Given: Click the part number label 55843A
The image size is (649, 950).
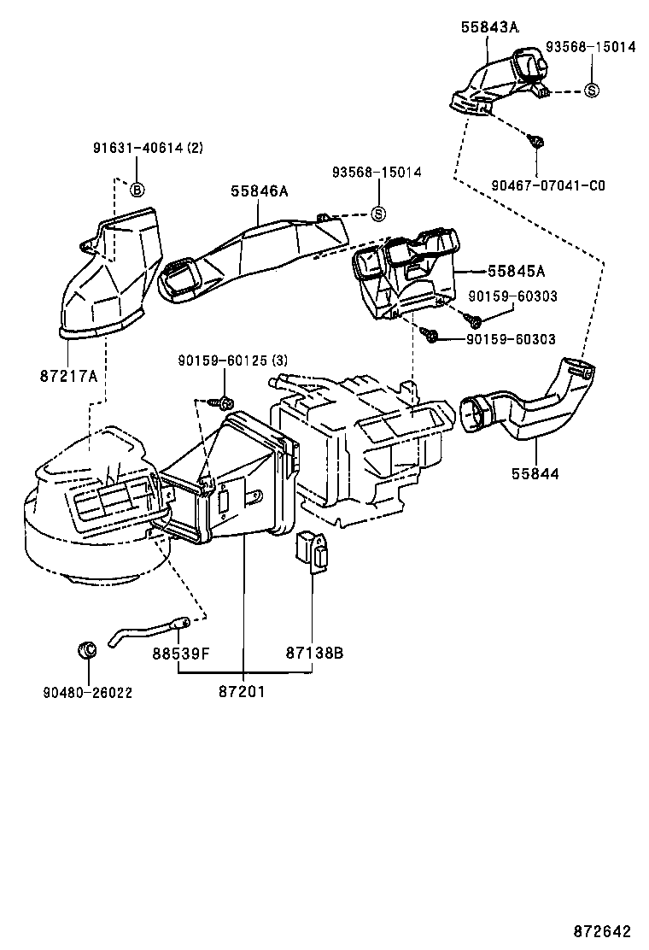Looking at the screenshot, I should coord(489,27).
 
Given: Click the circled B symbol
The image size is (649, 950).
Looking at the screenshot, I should coord(137,189).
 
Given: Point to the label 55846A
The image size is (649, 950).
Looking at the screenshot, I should coord(259,192).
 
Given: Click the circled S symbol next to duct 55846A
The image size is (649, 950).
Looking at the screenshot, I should coord(378,214).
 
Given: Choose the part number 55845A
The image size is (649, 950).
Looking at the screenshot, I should coord(516,271).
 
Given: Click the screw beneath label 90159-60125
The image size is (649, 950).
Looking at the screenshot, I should coord(225,401).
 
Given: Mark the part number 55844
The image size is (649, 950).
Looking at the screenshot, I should coord(535,472).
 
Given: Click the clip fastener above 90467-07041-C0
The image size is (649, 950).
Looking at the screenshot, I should coord(536,142).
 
